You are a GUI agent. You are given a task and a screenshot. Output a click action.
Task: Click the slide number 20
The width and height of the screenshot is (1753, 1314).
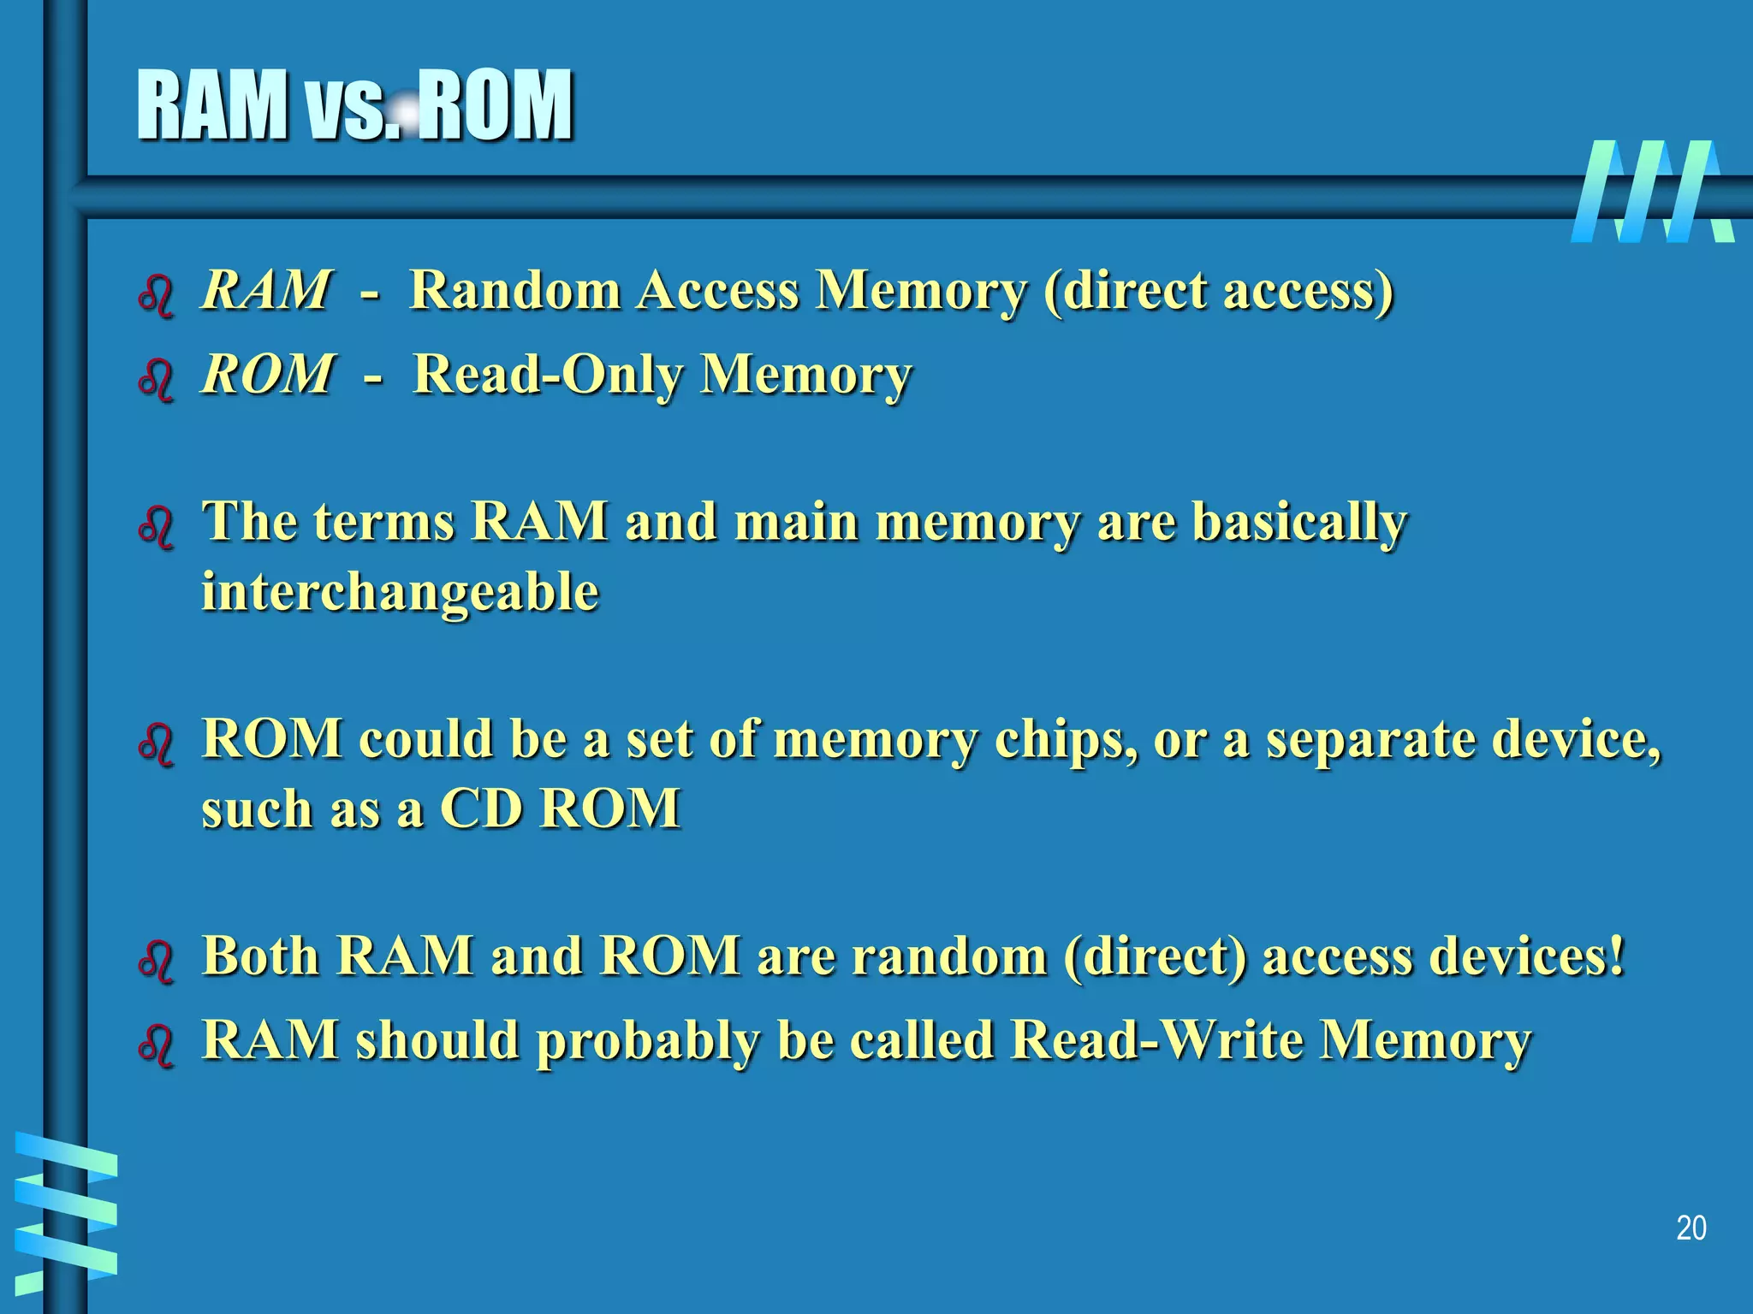(1691, 1228)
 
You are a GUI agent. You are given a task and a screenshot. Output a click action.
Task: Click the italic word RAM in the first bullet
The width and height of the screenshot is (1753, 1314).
(265, 290)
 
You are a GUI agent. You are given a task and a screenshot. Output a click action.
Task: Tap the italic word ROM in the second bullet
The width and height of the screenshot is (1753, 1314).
(267, 375)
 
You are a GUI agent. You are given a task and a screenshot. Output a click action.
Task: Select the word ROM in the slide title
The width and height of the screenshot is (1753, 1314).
(496, 106)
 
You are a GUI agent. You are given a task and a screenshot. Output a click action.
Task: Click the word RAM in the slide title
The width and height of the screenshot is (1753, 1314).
(212, 106)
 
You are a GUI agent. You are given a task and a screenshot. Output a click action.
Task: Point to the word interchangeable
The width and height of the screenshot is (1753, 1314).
(400, 592)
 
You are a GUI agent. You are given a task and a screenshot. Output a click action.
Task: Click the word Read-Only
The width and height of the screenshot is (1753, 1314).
(547, 375)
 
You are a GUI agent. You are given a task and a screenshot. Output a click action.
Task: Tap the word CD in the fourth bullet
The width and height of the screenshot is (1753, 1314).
(480, 808)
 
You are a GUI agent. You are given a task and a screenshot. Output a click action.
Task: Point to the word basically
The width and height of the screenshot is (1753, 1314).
(1299, 522)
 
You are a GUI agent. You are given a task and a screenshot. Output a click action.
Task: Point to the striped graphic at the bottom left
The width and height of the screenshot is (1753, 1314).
(65, 1211)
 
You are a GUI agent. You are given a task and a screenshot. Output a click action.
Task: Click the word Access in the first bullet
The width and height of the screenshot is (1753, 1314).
(718, 290)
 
